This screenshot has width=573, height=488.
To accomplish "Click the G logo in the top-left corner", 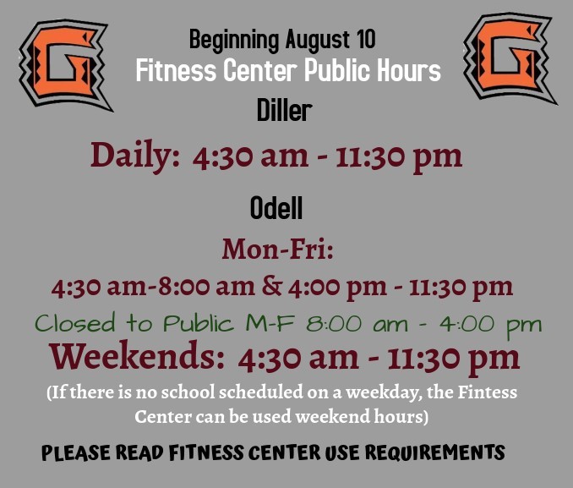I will [63, 63].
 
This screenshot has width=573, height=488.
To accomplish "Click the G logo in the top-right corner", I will [510, 59].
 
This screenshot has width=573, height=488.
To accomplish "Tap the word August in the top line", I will [317, 39].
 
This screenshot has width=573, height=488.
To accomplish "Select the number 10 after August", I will [365, 39].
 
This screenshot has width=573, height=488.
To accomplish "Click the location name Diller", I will [284, 111].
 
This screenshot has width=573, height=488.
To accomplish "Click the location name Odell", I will [276, 207].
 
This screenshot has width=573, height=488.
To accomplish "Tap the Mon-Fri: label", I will [278, 249].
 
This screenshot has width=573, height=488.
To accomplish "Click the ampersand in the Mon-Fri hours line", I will [272, 287].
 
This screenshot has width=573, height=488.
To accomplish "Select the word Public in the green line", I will [199, 324].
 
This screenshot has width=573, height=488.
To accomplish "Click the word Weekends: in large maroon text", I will [139, 359].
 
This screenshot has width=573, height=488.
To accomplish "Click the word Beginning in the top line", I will [233, 39].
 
